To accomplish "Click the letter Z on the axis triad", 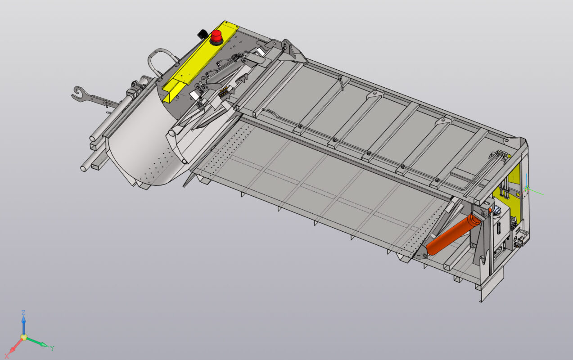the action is (23, 312).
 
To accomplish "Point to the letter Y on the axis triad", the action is (52, 348).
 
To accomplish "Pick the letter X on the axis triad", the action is (7, 355).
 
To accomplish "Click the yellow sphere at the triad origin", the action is (24, 337).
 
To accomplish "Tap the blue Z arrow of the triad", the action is (23, 325).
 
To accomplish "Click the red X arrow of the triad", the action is (15, 346).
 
